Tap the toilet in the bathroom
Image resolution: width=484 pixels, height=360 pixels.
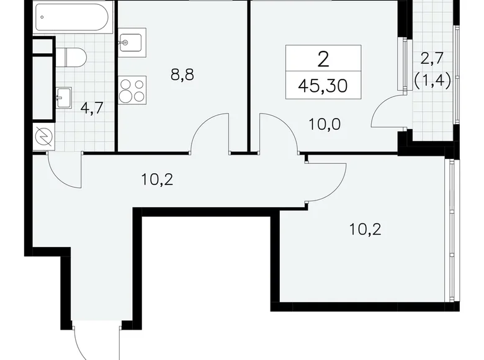pyautogui.click(x=73, y=58)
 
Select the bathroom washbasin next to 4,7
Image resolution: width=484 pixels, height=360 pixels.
pyautogui.click(x=65, y=95)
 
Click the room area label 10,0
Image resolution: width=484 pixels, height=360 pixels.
pyautogui.click(x=325, y=124)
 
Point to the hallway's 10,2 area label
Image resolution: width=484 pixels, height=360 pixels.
pyautogui.click(x=156, y=180)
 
